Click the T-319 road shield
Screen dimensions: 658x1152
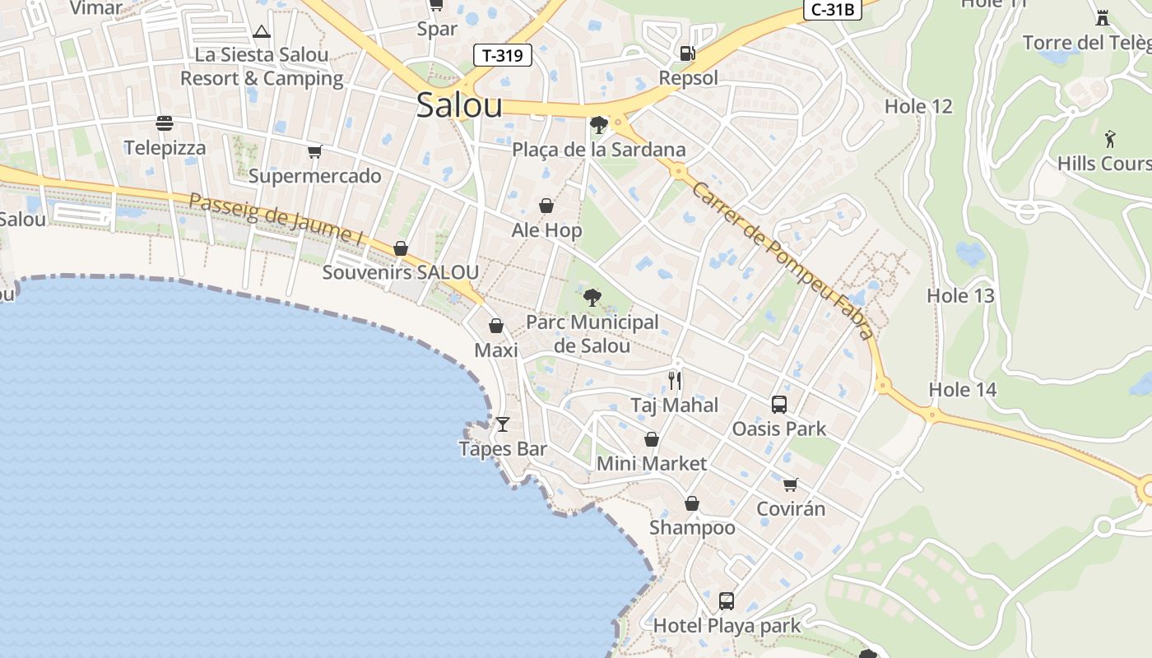tap(503, 56)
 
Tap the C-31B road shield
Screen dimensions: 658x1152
tap(834, 9)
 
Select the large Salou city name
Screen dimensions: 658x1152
tap(459, 105)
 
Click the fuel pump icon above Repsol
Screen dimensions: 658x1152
tap(687, 53)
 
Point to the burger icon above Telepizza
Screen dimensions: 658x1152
tap(165, 123)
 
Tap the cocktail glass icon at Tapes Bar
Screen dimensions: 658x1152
tap(503, 424)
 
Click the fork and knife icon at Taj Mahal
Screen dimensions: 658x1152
tap(675, 380)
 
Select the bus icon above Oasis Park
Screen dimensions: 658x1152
tap(779, 404)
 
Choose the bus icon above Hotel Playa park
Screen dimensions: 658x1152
tap(726, 600)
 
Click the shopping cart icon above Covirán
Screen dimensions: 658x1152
tap(791, 484)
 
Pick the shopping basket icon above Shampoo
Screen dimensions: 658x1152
tap(692, 503)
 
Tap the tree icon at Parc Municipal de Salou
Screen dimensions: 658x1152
tap(592, 298)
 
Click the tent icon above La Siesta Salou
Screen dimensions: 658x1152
tap(262, 32)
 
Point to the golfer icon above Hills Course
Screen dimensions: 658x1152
tap(1110, 138)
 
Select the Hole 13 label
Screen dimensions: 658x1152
tap(960, 295)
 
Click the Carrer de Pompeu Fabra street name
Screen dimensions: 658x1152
tap(782, 260)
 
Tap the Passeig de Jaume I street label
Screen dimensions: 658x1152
tap(276, 218)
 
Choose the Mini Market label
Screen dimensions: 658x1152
tap(652, 463)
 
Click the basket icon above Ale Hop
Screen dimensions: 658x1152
tap(546, 205)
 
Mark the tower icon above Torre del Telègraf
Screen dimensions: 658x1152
tap(1103, 16)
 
